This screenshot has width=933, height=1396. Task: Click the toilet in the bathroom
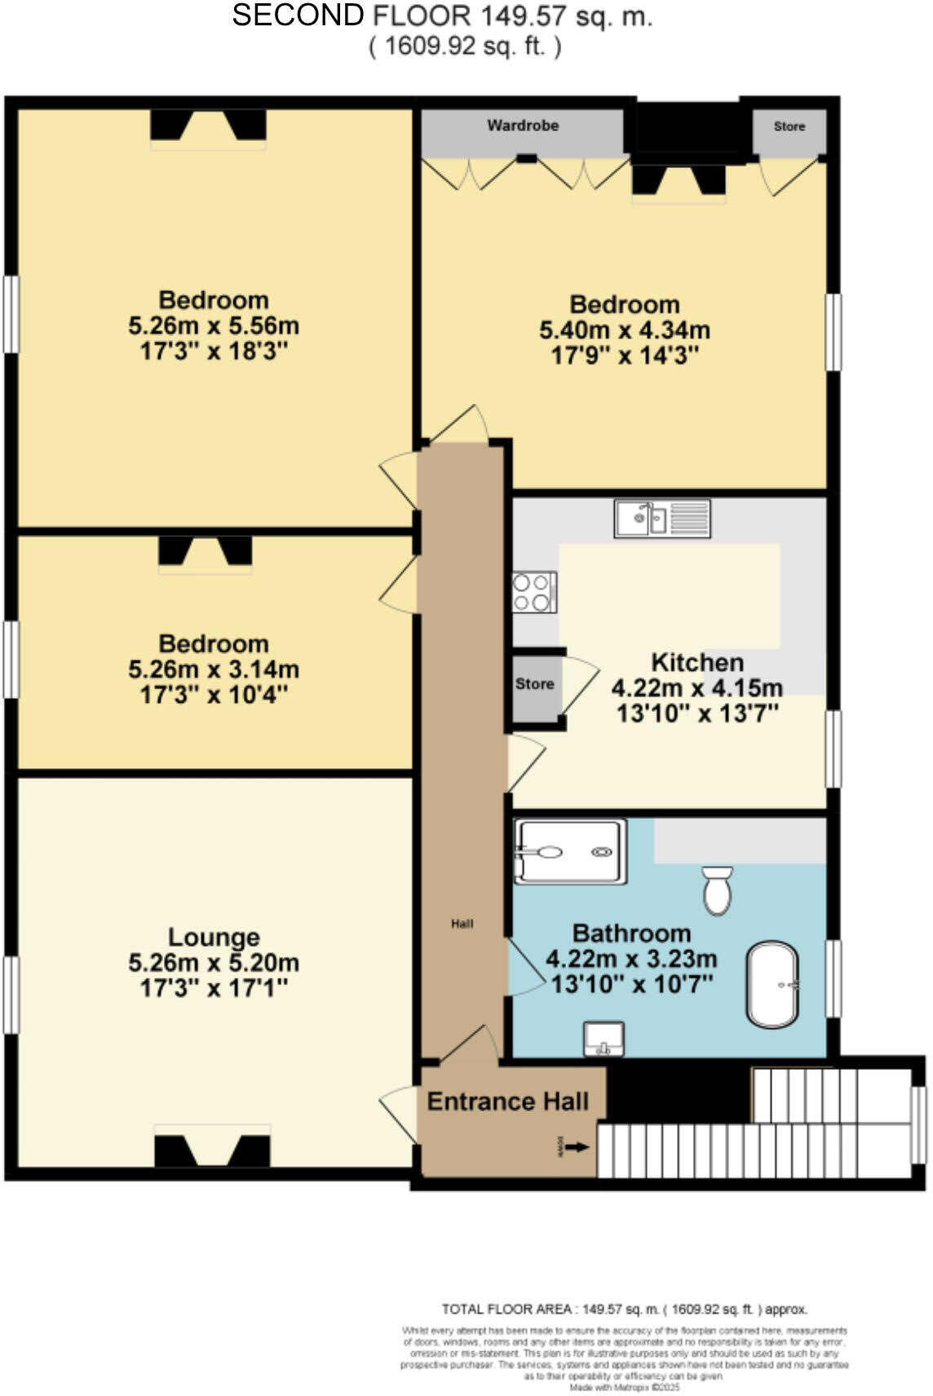pos(718,890)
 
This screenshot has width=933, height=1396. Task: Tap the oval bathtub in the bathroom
pos(772,985)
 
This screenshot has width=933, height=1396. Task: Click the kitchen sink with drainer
pos(662,519)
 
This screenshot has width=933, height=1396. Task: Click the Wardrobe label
pos(523,126)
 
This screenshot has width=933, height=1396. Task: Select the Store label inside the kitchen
pos(534,684)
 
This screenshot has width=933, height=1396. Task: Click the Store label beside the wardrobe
pos(789,126)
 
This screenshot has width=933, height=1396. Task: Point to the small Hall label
pos(462,924)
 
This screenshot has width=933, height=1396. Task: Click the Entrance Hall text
pos(507,1102)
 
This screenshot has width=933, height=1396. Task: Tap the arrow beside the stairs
pos(577,1147)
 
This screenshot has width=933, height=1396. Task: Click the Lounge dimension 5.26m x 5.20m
pos(214,963)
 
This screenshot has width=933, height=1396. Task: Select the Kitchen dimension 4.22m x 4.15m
pos(697,687)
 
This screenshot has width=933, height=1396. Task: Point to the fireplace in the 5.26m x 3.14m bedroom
pos(205,552)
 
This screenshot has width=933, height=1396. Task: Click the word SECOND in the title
pos(298,15)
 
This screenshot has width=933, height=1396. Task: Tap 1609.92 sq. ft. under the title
pos(465,46)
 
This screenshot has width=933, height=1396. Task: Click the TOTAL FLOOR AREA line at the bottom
pos(624,1309)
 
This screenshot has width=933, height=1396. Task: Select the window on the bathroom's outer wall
pos(834,979)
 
